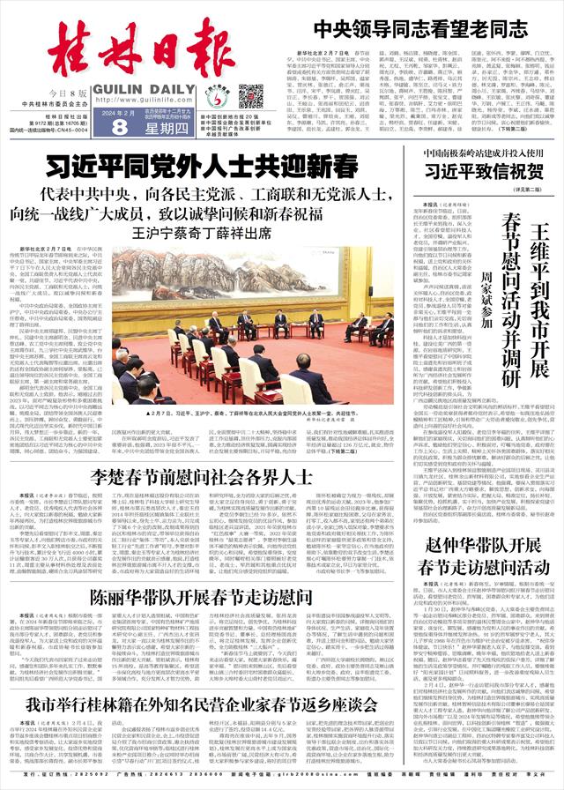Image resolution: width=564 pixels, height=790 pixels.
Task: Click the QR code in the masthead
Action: coord(251,94)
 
